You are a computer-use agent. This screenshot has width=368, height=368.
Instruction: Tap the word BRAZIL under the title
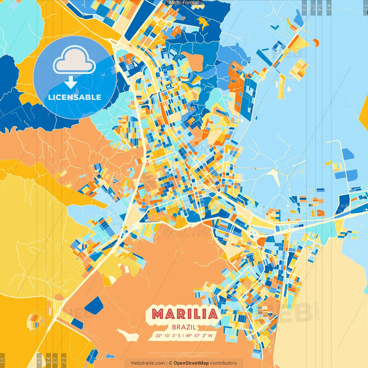click(184, 327)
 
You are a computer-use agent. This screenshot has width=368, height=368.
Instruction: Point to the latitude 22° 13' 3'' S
click(168, 336)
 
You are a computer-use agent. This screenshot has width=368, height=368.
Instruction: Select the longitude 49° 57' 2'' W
click(199, 336)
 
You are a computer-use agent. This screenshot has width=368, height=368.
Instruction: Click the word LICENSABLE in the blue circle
click(75, 97)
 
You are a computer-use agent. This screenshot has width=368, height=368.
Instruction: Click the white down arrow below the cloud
click(71, 83)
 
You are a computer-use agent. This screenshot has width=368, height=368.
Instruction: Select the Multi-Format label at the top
click(184, 3)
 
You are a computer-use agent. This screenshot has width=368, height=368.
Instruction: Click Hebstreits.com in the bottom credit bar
click(148, 363)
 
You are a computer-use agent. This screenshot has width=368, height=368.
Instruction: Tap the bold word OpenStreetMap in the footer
click(191, 363)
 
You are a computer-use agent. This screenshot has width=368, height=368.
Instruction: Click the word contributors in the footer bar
click(223, 363)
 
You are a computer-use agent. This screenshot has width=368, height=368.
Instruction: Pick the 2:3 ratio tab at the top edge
click(304, 7)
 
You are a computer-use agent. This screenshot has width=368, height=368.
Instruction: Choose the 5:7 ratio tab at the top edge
click(313, 7)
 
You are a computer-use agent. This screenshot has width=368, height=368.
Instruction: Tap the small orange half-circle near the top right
click(316, 43)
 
